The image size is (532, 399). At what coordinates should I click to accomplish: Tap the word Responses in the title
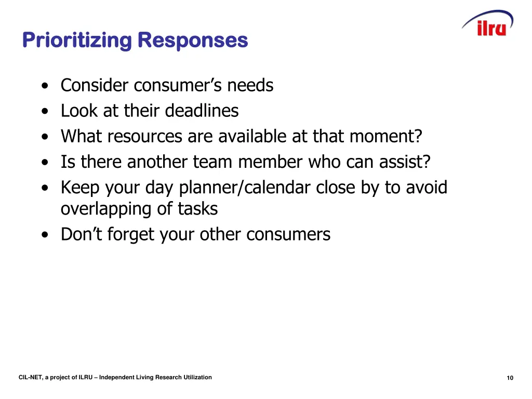pos(193,41)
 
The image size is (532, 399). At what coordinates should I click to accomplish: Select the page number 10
pos(510,378)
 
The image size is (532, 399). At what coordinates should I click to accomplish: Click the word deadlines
pos(202,111)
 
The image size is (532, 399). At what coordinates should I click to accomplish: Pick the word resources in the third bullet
pos(145,137)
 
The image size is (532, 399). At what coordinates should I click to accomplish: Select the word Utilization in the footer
pos(197,377)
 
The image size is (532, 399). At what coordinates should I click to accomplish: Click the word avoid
pos(426,188)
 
